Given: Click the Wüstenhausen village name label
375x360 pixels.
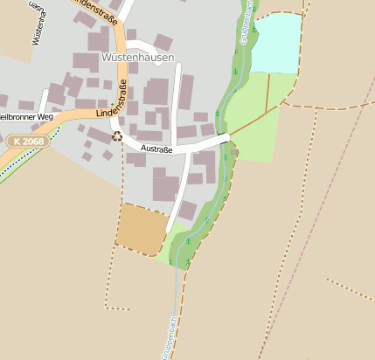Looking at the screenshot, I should tap(138, 58).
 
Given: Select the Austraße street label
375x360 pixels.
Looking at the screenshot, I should tap(156, 149).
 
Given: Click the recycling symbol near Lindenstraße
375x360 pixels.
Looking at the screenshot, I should tap(117, 136).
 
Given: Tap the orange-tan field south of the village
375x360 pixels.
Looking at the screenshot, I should tap(140, 227).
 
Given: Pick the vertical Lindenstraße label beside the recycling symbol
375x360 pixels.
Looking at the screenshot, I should tap(122, 99).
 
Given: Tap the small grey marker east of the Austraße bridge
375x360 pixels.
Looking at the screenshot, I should tap(234, 152).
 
